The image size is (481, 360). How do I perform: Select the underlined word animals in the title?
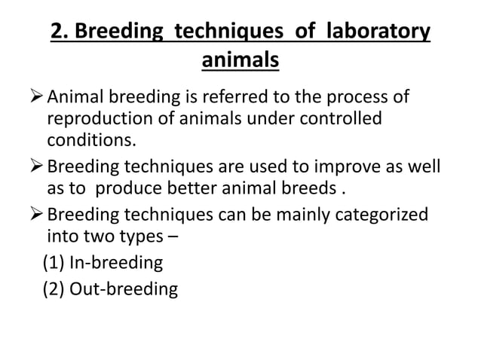tap(240, 59)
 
